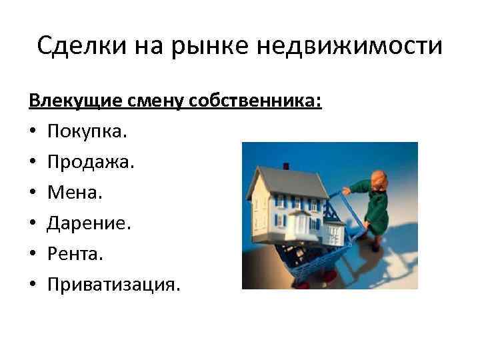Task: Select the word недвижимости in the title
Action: (349, 47)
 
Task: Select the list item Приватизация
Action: (113, 284)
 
